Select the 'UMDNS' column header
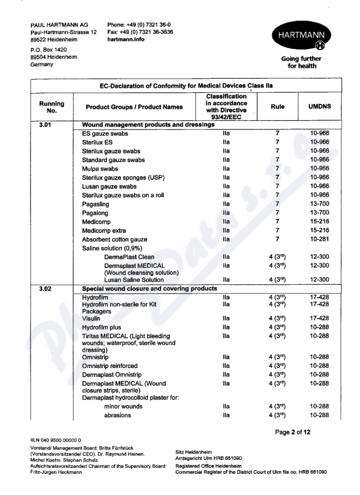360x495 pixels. pos(320,107)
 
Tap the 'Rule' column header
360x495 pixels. pos(278,107)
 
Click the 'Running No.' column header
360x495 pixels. pos(52,107)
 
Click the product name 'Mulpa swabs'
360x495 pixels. pos(100,169)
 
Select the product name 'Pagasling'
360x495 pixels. pos(95,204)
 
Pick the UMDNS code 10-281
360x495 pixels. pos(320,239)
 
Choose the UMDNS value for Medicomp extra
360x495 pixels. pos(320,230)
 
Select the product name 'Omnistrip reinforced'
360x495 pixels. pos(109,365)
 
